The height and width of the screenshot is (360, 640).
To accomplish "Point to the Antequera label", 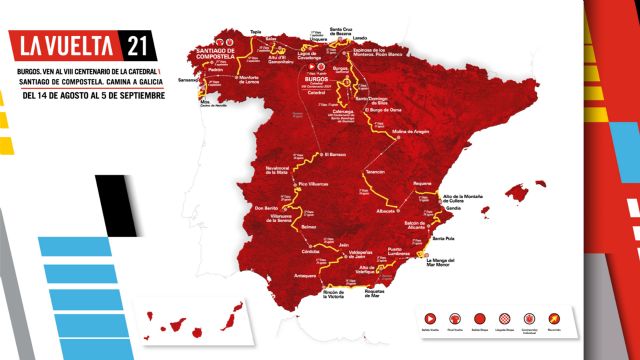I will point(306,272).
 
